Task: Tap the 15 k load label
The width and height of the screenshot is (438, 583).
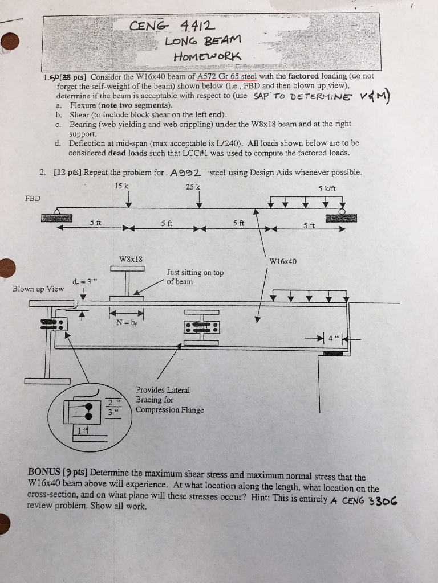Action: click(x=121, y=187)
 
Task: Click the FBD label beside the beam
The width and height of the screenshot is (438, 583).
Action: click(x=33, y=198)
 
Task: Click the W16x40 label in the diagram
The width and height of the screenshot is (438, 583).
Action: click(x=283, y=262)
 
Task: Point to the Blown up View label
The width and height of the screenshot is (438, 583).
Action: click(x=38, y=289)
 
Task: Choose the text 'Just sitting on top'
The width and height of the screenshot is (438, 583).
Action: click(x=195, y=273)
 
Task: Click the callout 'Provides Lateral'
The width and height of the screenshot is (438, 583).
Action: click(x=163, y=390)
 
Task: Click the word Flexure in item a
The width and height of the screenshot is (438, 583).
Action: click(x=83, y=105)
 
